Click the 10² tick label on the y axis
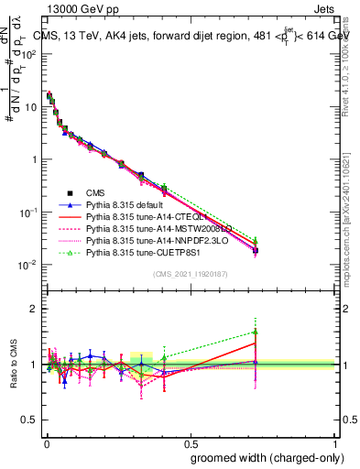click(x=27, y=54)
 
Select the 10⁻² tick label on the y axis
click(x=27, y=265)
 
